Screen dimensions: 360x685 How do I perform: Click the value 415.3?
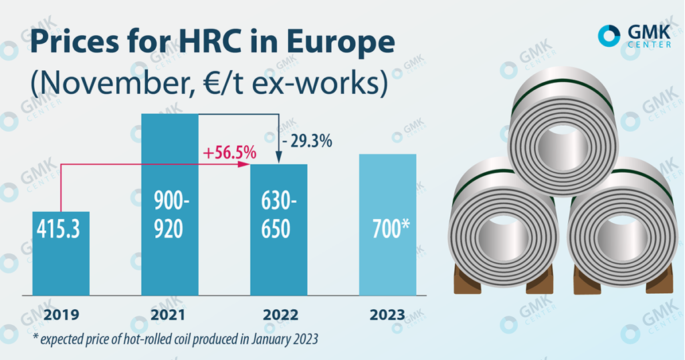pos(60,229)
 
